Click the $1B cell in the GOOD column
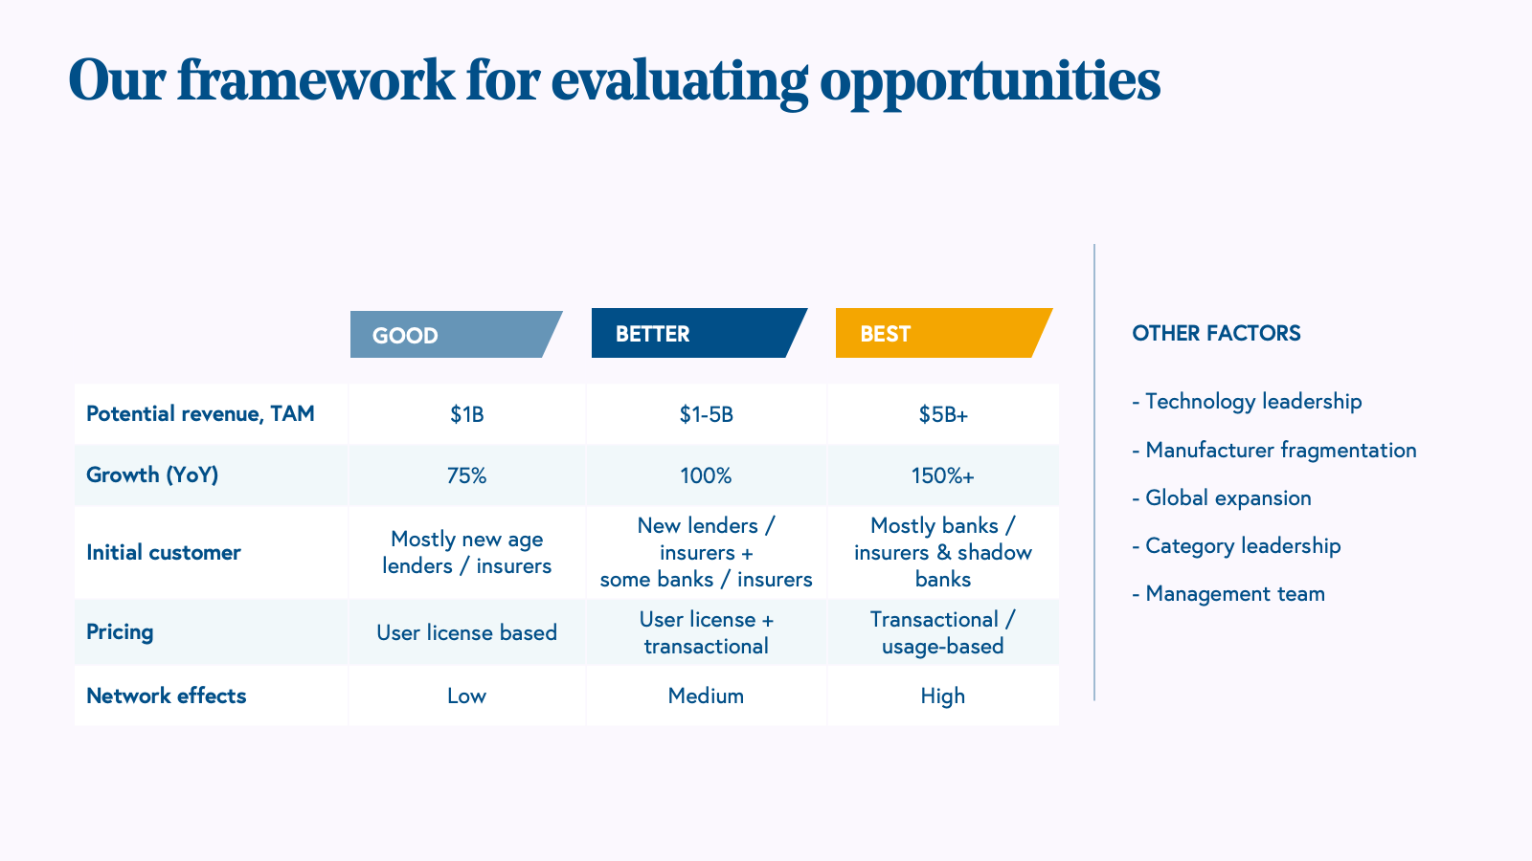[467, 415]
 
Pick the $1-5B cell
[706, 415]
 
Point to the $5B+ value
[943, 415]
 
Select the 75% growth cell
[466, 475]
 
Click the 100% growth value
[706, 475]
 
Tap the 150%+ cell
[942, 475]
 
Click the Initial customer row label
[164, 552]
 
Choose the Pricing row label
[120, 632]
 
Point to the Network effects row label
[167, 695]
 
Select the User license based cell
[466, 632]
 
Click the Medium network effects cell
[706, 696]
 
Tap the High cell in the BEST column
[942, 696]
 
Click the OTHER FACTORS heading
[1216, 334]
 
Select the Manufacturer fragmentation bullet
[1274, 451]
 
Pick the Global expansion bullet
[1222, 498]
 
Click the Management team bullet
[1228, 594]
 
